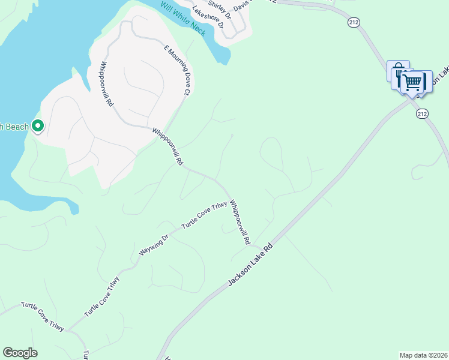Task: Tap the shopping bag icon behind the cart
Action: pyautogui.click(x=397, y=69)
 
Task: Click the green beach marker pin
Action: pyautogui.click(x=37, y=126)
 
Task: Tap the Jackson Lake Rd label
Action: pyautogui.click(x=250, y=264)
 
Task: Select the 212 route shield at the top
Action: pyautogui.click(x=353, y=22)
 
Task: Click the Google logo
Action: pyautogui.click(x=20, y=353)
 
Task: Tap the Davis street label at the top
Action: pyautogui.click(x=243, y=5)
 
